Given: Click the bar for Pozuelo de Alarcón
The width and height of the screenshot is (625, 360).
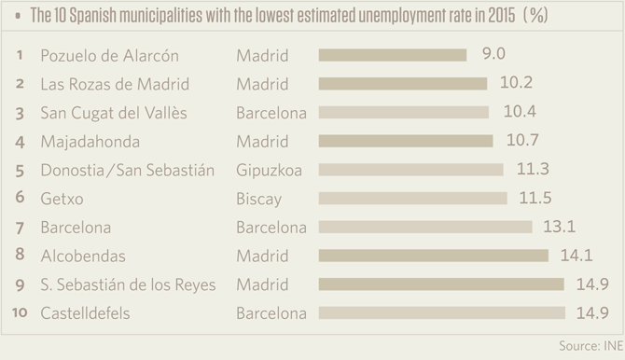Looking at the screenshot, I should pyautogui.click(x=392, y=55).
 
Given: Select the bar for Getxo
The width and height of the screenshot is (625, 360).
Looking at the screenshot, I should pyautogui.click(x=412, y=198).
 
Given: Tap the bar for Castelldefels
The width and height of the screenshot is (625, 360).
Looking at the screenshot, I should pyautogui.click(x=441, y=312).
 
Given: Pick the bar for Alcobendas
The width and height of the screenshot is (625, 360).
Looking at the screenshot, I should pyautogui.click(x=433, y=256).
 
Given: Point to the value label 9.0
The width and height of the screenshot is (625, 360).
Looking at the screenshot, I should pyautogui.click(x=493, y=55).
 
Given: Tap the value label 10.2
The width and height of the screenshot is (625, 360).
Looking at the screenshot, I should pyautogui.click(x=515, y=83).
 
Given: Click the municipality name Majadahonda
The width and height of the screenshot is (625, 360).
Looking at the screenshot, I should pyautogui.click(x=90, y=141).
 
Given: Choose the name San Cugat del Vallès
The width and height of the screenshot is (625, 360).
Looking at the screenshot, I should pyautogui.click(x=115, y=112).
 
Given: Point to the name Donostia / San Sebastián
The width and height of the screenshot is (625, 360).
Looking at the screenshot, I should pyautogui.click(x=128, y=170).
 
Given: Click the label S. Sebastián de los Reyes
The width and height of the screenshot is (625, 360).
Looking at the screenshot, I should pyautogui.click(x=128, y=284).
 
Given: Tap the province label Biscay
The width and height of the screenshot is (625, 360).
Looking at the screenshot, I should pyautogui.click(x=258, y=198).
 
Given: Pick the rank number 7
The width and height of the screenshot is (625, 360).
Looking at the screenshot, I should pyautogui.click(x=20, y=227).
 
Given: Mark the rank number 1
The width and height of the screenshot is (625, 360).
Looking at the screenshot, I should pyautogui.click(x=20, y=55).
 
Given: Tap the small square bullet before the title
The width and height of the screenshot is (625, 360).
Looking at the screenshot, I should pyautogui.click(x=18, y=16).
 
